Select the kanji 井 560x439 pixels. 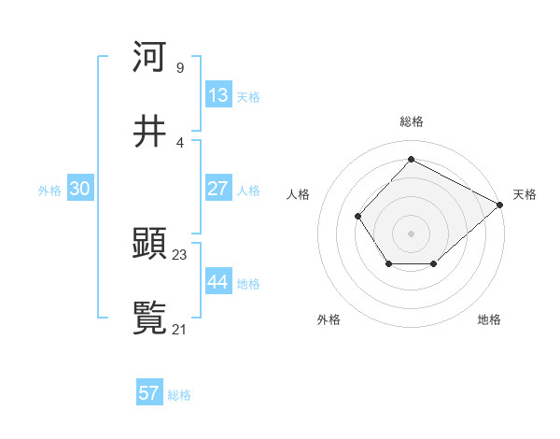149,132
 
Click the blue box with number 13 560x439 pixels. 218,95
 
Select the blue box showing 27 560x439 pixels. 218,189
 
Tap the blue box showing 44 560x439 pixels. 218,282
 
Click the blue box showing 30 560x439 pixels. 80,189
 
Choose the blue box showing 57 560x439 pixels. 149,393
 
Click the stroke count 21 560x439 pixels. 180,329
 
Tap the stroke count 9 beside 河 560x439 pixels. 180,67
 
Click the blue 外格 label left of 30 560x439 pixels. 49,190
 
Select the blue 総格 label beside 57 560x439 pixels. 179,395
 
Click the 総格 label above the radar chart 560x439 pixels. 411,121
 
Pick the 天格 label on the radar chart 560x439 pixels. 525,194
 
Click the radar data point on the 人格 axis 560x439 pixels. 357,217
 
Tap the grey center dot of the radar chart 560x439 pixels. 411,233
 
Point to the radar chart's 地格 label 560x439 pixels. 489,319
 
